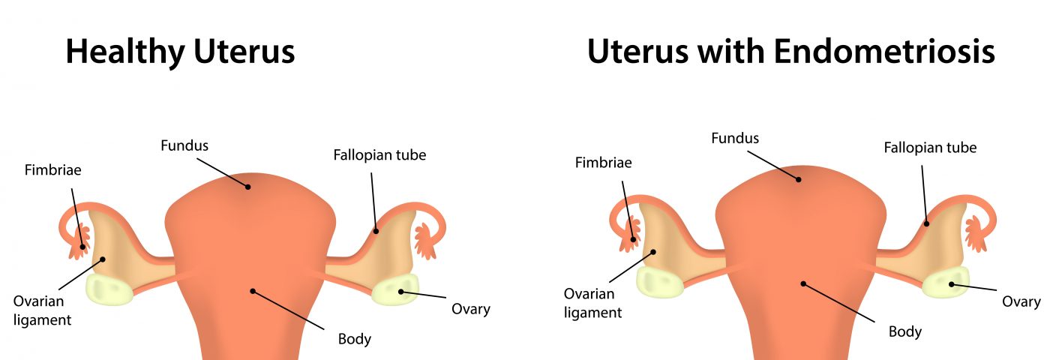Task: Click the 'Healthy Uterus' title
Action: pyautogui.click(x=180, y=52)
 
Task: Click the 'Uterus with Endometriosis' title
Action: pyautogui.click(x=790, y=52)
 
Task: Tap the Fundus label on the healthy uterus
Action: pyautogui.click(x=184, y=144)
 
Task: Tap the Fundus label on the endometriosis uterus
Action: pyautogui.click(x=735, y=138)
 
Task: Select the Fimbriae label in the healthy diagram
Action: pyautogui.click(x=52, y=170)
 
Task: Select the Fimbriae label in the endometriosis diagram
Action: pyautogui.click(x=604, y=162)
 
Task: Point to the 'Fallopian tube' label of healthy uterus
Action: pyautogui.click(x=379, y=155)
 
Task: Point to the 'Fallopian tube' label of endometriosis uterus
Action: pyautogui.click(x=930, y=147)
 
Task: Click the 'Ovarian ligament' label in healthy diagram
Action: pyautogui.click(x=42, y=310)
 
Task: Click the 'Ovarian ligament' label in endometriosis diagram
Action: pyautogui.click(x=592, y=303)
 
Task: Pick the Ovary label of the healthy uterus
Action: pyautogui.click(x=470, y=308)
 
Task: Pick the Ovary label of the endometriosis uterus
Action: pyautogui.click(x=1021, y=301)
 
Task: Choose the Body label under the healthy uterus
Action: pyautogui.click(x=355, y=339)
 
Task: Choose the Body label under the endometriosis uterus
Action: pyautogui.click(x=905, y=331)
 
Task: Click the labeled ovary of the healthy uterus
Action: pyautogui.click(x=395, y=291)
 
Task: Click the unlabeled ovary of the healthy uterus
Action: pyautogui.click(x=109, y=289)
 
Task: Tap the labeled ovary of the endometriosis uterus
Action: pyautogui.click(x=946, y=283)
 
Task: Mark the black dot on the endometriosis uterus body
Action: pyautogui.click(x=803, y=283)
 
